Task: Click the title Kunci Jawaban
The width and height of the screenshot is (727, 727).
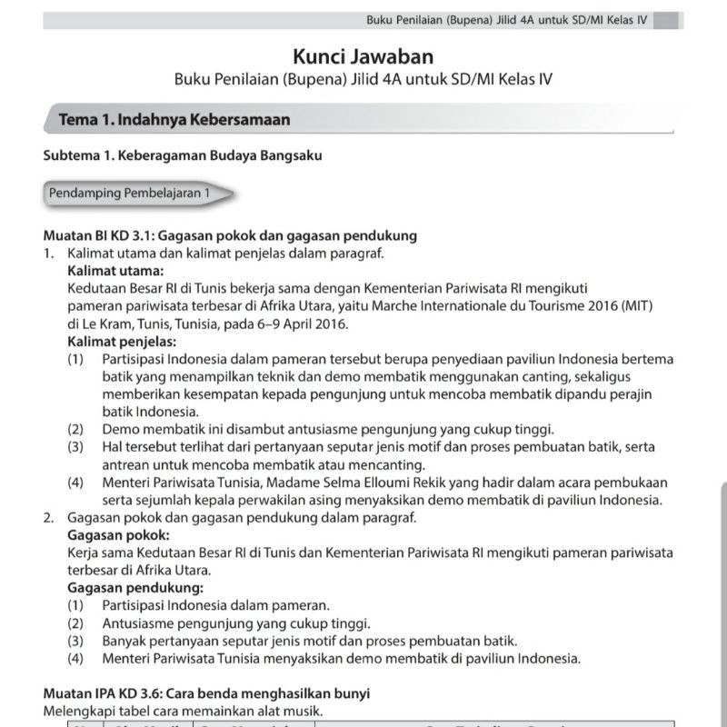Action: pos(363,57)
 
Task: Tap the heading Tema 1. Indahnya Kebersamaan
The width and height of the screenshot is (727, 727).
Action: pos(174,119)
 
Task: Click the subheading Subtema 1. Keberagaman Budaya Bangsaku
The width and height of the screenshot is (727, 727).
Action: pos(183,155)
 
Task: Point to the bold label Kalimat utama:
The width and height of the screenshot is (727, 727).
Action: pos(115,270)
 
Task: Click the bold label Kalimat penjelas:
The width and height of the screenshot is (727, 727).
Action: pos(122,341)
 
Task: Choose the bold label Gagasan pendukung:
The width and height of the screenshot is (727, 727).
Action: pos(129,587)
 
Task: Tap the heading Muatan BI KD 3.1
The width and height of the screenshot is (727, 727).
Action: pos(115,235)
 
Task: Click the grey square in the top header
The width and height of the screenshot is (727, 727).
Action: pos(666,20)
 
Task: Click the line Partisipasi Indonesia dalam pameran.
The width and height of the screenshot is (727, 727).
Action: pos(215,604)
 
